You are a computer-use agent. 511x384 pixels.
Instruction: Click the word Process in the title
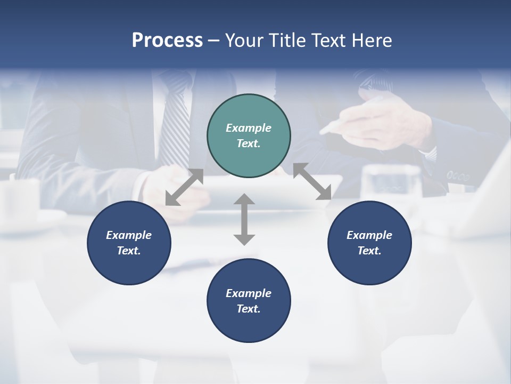click(167, 41)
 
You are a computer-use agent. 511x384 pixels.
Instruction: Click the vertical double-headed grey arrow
click(244, 219)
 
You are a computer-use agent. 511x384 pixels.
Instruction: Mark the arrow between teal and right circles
click(312, 182)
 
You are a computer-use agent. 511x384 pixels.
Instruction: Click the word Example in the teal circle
click(249, 128)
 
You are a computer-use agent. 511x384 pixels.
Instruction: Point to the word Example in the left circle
click(129, 235)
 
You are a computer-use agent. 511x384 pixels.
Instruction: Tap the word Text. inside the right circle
click(369, 251)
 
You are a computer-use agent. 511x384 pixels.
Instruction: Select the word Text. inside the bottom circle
click(249, 309)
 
